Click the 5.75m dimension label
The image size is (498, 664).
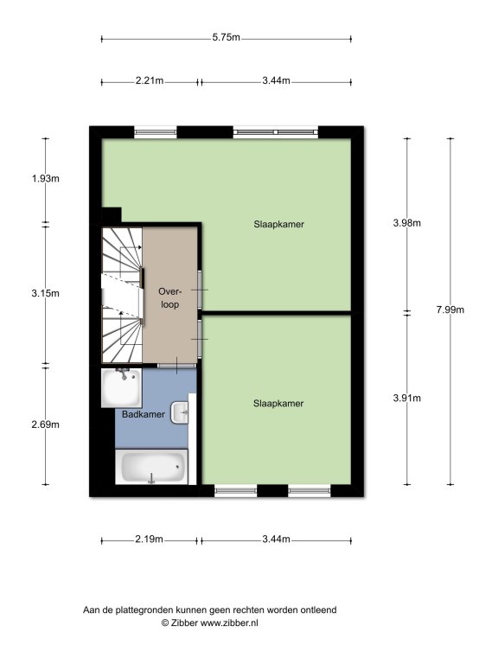tap(227, 37)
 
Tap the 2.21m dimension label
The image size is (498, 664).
tap(150, 80)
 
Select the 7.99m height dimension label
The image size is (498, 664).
tap(450, 310)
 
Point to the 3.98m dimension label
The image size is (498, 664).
tap(407, 223)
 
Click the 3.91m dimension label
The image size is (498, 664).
tap(407, 398)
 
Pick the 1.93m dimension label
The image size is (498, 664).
tap(46, 178)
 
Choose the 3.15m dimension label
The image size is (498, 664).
tap(46, 292)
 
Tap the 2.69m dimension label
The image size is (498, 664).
tap(46, 425)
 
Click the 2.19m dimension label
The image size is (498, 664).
tap(149, 539)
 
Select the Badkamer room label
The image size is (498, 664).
tap(144, 414)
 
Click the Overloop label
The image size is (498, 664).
tap(169, 297)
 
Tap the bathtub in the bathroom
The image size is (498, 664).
tap(151, 467)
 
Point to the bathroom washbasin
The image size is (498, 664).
tap(180, 412)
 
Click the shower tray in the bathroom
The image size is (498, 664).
tap(121, 388)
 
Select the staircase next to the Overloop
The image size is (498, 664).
tap(122, 295)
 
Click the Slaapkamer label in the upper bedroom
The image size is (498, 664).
tap(278, 224)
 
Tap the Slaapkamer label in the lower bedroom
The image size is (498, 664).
tap(278, 403)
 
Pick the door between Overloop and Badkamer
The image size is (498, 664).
tap(177, 366)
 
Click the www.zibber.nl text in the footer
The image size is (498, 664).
tap(228, 622)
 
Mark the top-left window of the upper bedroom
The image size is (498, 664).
tap(156, 132)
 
